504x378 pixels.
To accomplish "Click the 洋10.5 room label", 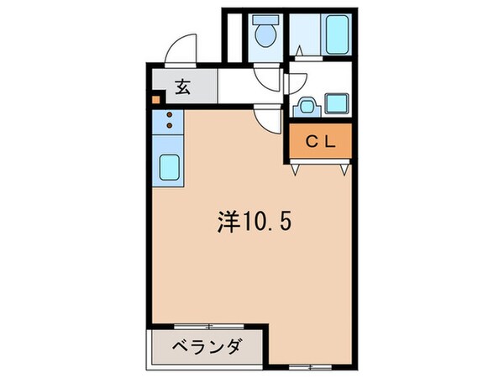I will [x=251, y=223].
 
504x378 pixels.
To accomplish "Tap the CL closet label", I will [x=320, y=142].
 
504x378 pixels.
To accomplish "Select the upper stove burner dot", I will [x=169, y=115].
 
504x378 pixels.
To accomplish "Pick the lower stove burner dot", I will [x=169, y=126].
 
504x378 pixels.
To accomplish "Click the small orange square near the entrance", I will [x=155, y=100].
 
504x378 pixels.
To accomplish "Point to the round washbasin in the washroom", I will [x=305, y=107].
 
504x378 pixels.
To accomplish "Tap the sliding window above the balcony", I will [x=208, y=326].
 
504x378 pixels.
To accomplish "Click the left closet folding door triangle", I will [x=296, y=168].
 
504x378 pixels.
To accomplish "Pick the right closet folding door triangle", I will [x=344, y=168].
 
